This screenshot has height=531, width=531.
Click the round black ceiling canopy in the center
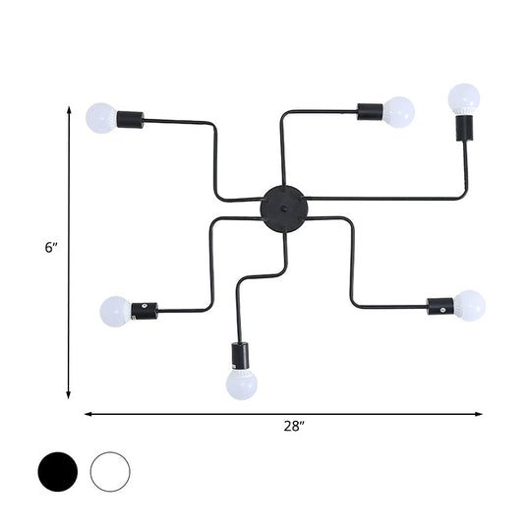click(x=283, y=207)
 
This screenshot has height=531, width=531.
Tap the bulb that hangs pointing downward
click(x=241, y=383)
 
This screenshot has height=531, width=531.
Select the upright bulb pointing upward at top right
click(x=464, y=98)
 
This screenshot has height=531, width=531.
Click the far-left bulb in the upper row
click(x=100, y=118)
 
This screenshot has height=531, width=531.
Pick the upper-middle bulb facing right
click(x=398, y=111)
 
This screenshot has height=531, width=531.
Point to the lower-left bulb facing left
click(x=115, y=312)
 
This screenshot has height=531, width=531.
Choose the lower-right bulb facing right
click(x=469, y=306)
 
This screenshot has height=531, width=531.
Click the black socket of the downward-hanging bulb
click(x=240, y=354)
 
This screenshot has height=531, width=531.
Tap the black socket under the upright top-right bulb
click(x=462, y=129)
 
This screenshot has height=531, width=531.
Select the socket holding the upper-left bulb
click(x=130, y=120)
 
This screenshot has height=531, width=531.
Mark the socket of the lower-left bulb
click(x=145, y=311)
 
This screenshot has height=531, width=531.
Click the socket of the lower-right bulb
click(x=440, y=307)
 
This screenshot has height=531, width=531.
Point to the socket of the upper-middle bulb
click(x=370, y=111)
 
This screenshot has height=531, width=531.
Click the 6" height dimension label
click(x=51, y=248)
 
